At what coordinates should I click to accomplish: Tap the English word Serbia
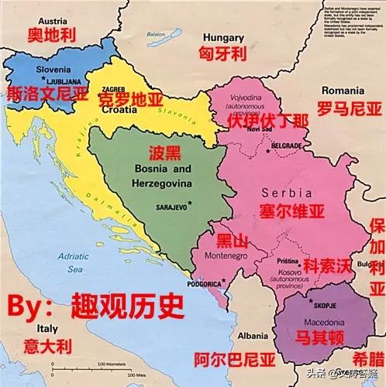pyautogui.click(x=284, y=191)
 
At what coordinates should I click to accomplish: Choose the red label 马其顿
pyautogui.click(x=319, y=337)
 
